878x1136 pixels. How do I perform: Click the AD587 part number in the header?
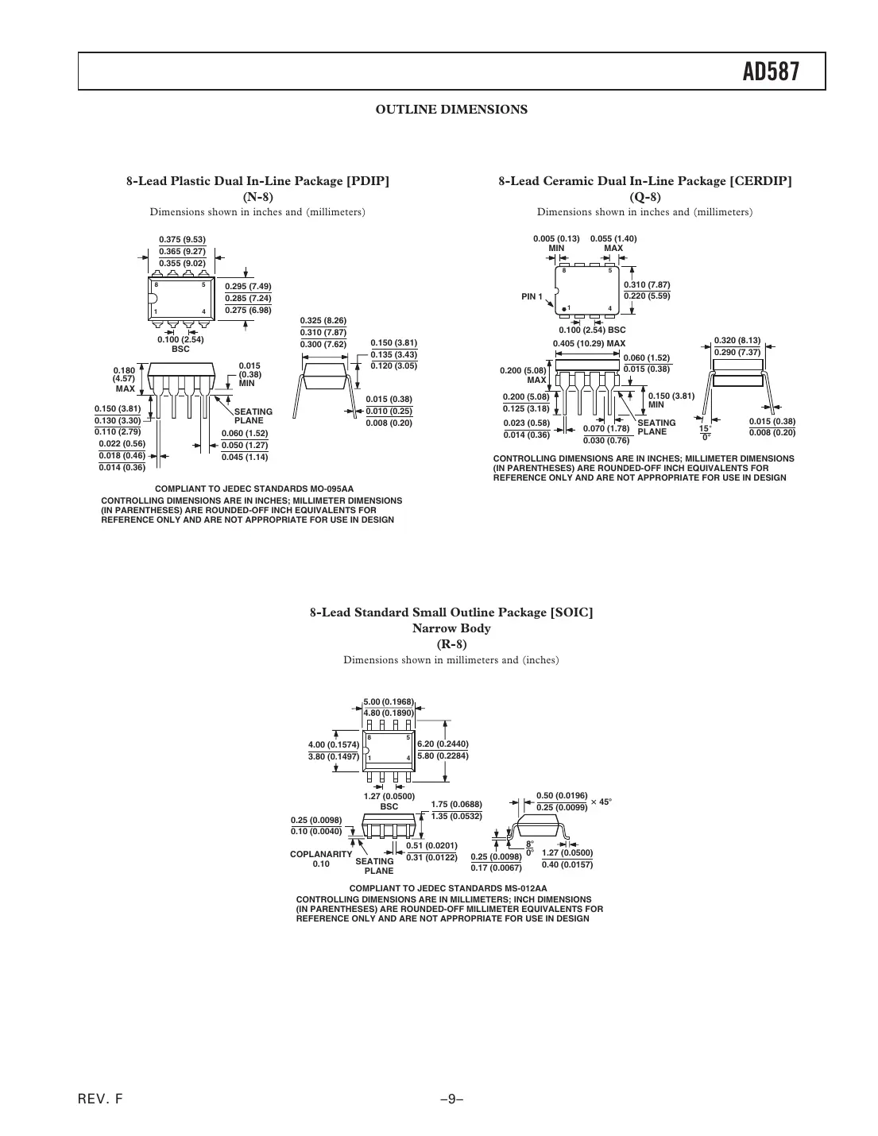click(770, 72)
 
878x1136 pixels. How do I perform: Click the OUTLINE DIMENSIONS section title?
click(451, 110)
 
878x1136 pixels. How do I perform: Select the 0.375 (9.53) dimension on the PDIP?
click(182, 239)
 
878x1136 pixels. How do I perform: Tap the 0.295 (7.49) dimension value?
click(248, 286)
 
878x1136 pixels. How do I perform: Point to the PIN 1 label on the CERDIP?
click(532, 297)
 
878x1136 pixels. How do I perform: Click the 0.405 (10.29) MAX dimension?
click(589, 343)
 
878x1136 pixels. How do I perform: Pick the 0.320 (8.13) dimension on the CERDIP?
click(737, 340)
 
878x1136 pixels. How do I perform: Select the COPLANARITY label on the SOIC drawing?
click(320, 853)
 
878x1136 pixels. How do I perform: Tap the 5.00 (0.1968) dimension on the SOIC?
click(389, 701)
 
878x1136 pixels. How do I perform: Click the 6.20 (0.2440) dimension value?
click(443, 744)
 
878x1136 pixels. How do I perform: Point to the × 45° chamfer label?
click(601, 802)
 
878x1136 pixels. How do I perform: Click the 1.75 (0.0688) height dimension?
click(456, 804)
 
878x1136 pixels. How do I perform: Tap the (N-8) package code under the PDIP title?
click(257, 197)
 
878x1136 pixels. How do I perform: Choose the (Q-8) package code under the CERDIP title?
click(644, 197)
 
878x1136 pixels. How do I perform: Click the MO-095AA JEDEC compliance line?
click(253, 489)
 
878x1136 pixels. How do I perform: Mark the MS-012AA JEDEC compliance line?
click(448, 888)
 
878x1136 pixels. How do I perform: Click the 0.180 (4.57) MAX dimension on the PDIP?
click(125, 379)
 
